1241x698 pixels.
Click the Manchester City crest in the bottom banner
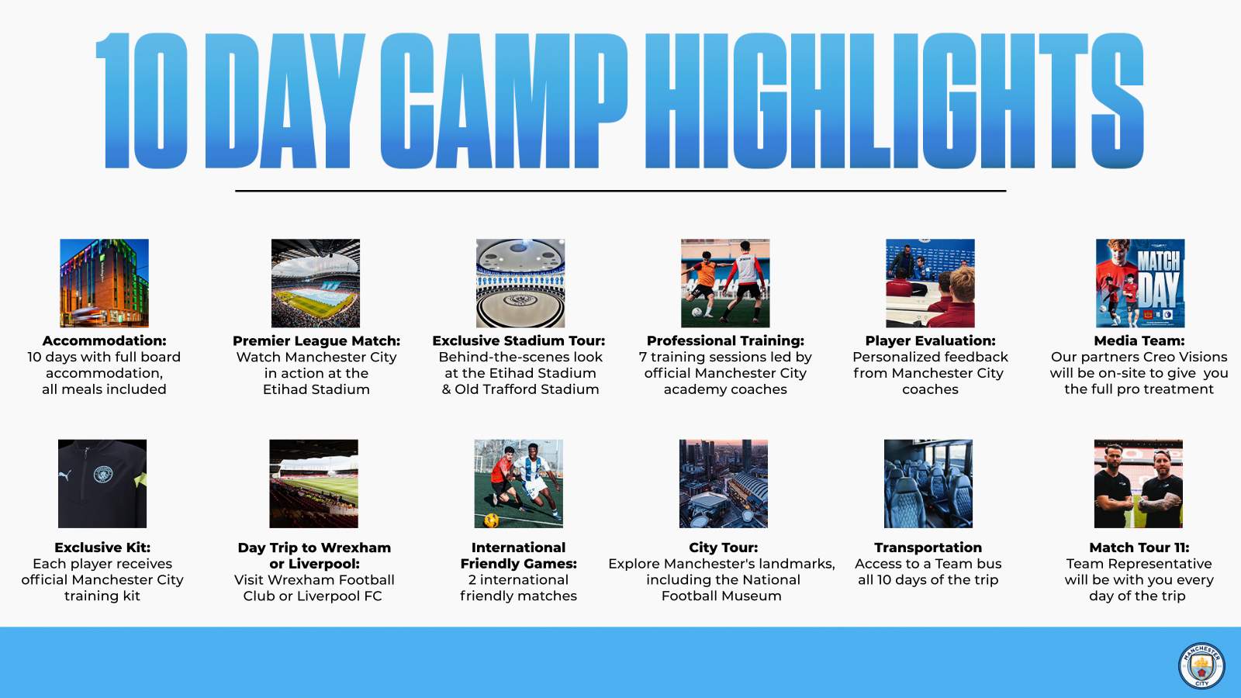(x=1201, y=666)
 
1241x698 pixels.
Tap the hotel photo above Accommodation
(x=104, y=283)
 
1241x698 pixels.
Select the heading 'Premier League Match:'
(x=316, y=340)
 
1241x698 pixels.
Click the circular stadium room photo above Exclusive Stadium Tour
(x=520, y=283)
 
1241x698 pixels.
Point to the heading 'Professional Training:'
(x=725, y=340)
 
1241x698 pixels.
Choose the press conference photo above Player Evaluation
(x=930, y=283)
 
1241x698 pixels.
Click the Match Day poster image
(x=1140, y=283)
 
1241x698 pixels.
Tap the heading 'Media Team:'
(x=1139, y=340)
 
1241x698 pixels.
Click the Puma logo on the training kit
(x=65, y=475)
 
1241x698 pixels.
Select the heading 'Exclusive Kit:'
(x=102, y=548)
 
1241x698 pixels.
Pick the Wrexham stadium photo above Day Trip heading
(x=313, y=484)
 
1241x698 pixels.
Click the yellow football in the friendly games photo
(x=491, y=520)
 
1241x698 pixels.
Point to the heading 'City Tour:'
(x=723, y=548)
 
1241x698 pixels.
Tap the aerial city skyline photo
(x=724, y=484)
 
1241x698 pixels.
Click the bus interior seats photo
(x=928, y=484)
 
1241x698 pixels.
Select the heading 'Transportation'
(x=928, y=548)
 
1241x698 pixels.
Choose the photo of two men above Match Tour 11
(x=1139, y=484)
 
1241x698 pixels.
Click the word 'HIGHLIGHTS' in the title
(x=894, y=100)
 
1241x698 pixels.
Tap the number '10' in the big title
(x=141, y=100)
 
